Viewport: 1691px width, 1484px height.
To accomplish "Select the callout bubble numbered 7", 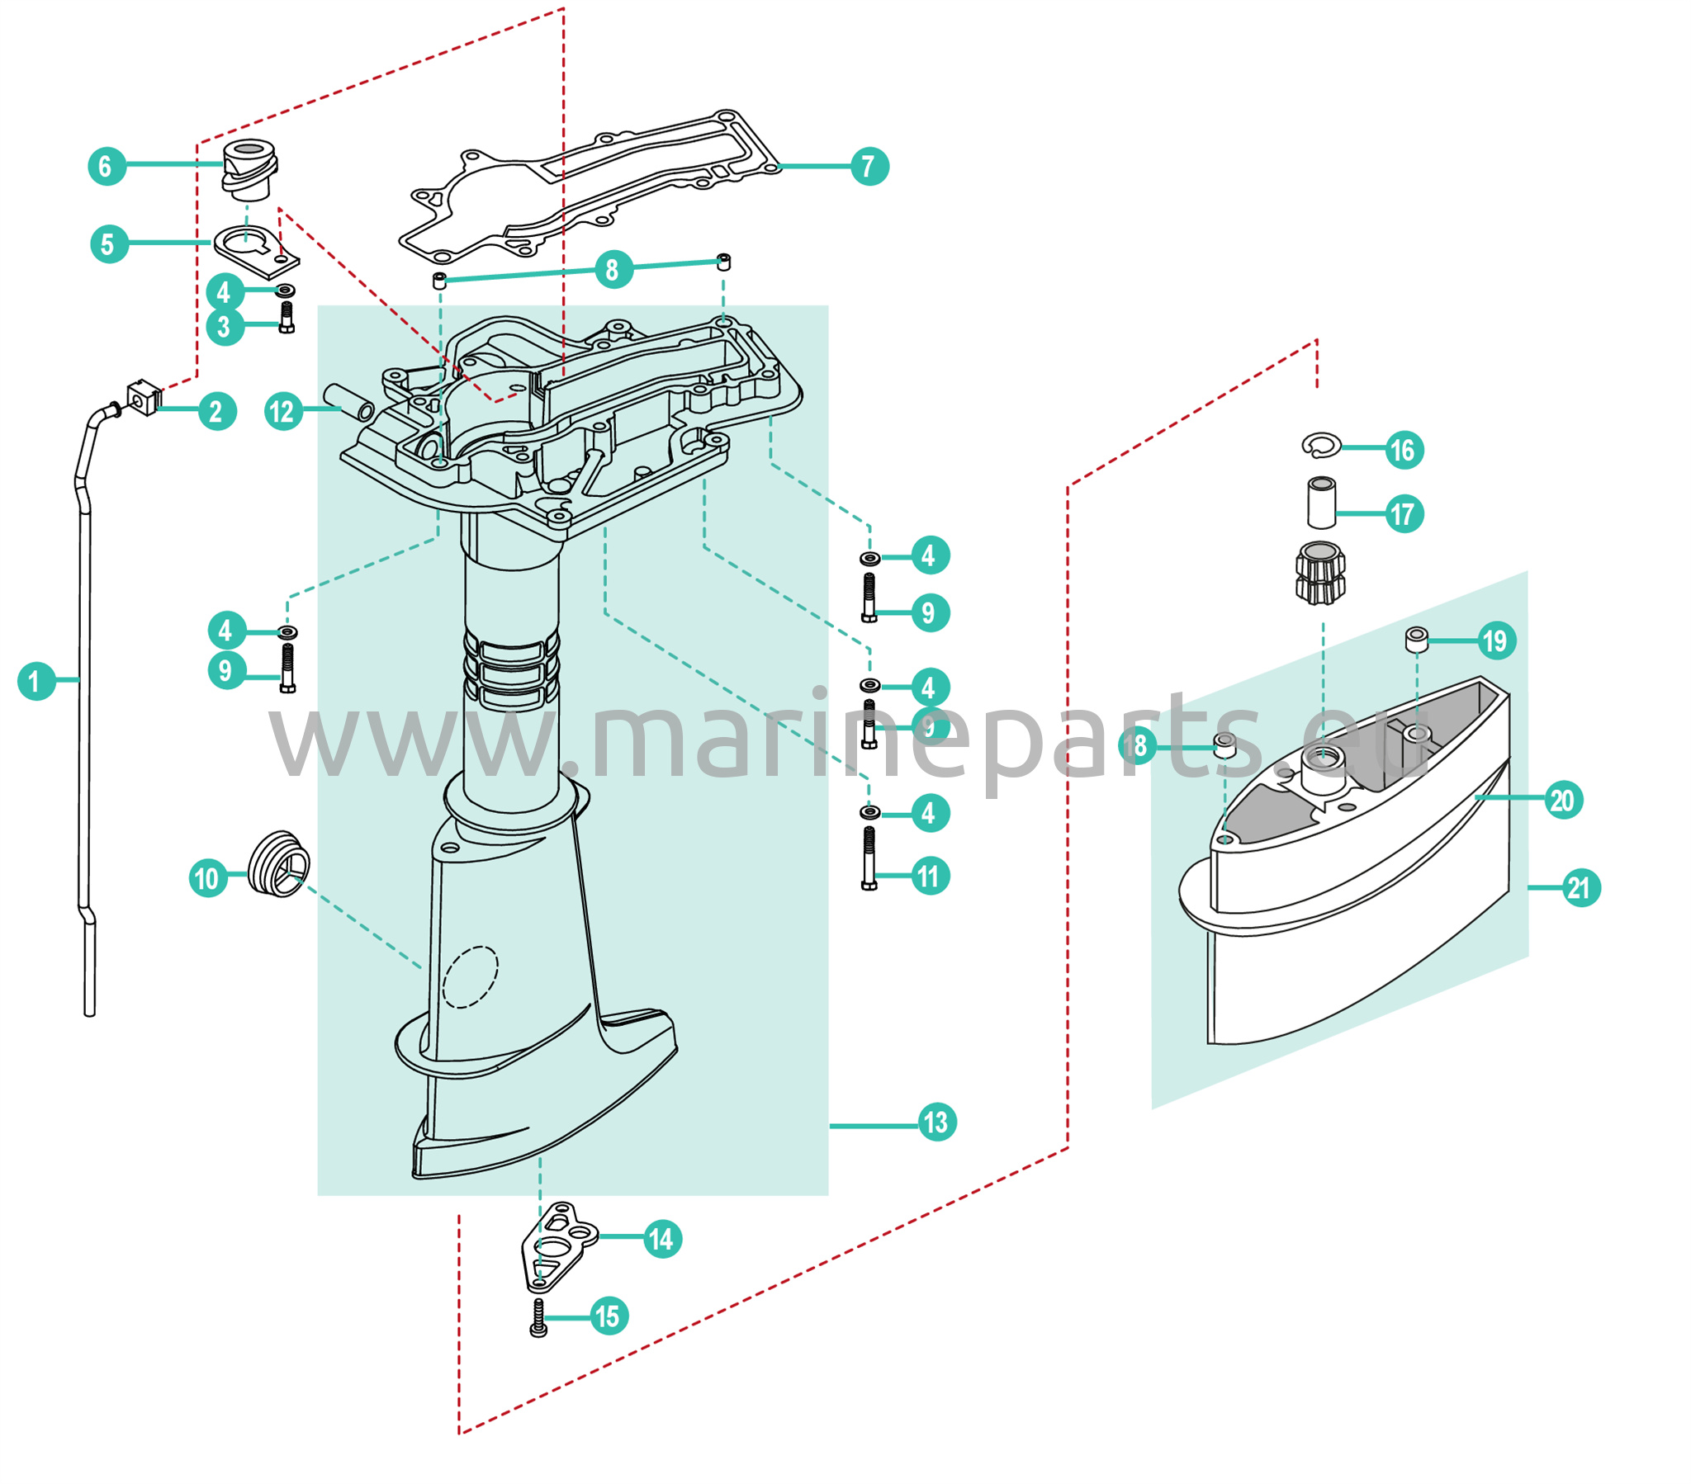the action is click(x=869, y=166).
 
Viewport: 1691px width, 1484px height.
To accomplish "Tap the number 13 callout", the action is click(x=937, y=1122).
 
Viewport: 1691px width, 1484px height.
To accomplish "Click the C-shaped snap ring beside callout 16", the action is click(x=1321, y=444).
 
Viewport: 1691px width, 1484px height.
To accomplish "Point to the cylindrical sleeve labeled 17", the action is click(x=1321, y=502).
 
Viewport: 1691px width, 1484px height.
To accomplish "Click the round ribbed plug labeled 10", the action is click(x=279, y=864).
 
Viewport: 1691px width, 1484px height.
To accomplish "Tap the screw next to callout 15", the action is click(x=538, y=1317).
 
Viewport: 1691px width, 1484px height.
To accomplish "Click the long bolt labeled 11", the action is click(x=869, y=858).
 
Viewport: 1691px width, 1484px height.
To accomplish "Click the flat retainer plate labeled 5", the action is click(x=257, y=251).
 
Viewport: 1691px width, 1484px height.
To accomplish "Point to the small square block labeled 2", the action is click(x=143, y=396).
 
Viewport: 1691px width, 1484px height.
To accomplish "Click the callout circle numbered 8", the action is click(x=613, y=270).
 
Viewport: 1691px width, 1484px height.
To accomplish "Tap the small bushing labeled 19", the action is click(x=1416, y=640).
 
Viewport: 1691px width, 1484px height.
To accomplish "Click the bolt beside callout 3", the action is click(x=287, y=316).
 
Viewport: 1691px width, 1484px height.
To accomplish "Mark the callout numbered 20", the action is click(x=1563, y=800).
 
